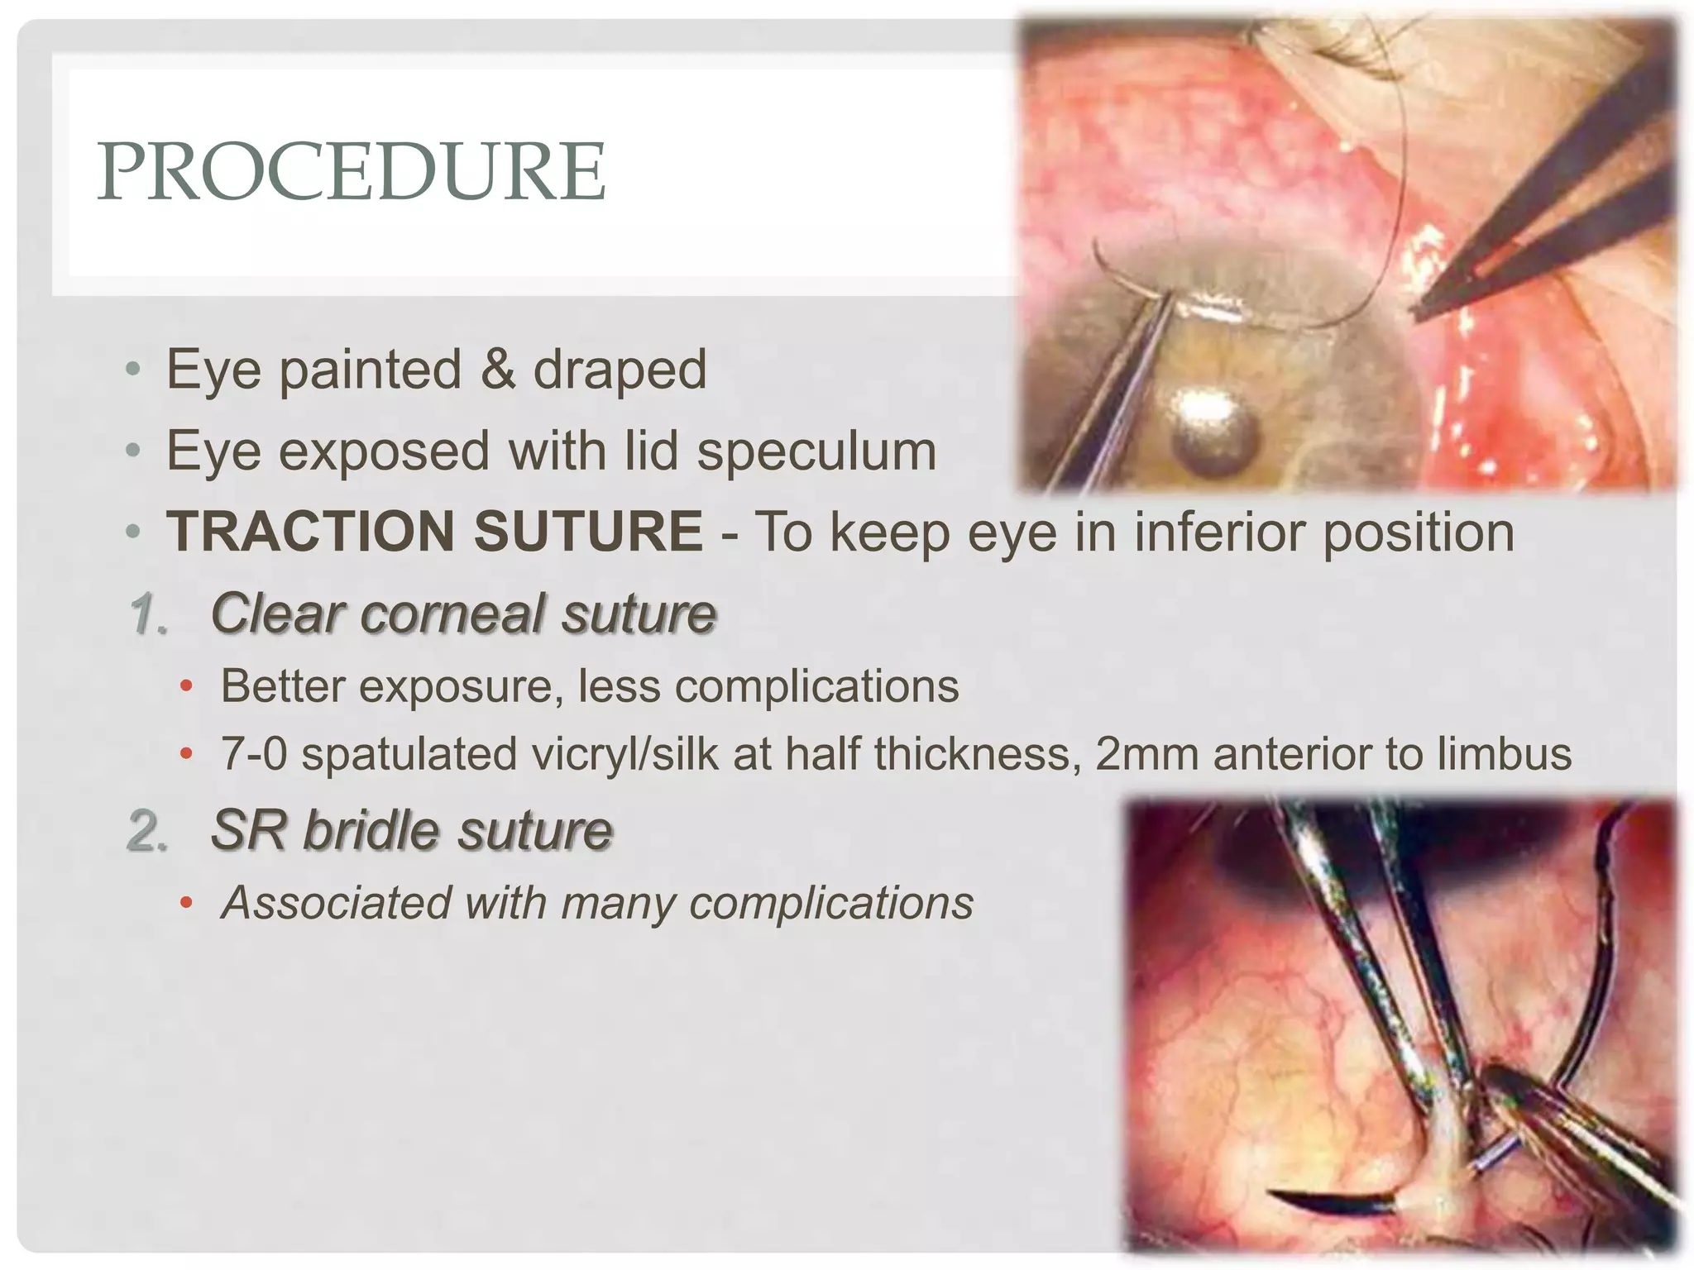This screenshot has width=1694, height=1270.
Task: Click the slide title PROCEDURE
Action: (352, 171)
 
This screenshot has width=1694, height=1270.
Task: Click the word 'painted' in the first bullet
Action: (370, 370)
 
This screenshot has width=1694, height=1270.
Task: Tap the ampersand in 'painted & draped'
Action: (496, 370)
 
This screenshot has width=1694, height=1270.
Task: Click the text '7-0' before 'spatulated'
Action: (253, 754)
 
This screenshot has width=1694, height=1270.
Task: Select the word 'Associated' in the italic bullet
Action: (335, 903)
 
